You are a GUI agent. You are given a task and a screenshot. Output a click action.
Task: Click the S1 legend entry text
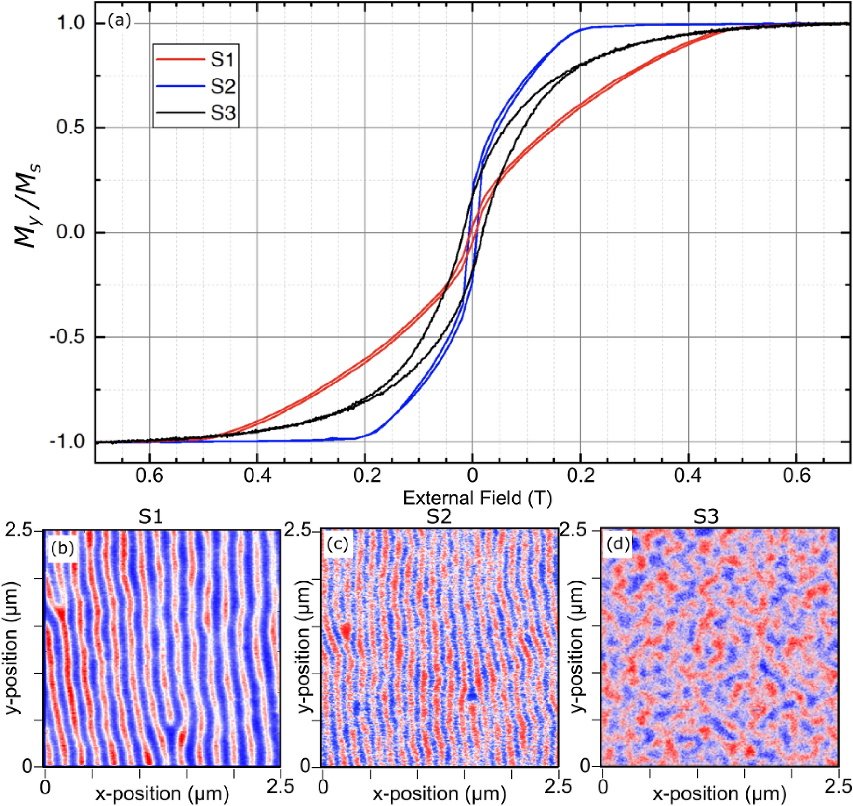coord(222,60)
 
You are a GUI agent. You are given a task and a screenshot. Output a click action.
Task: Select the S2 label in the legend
coord(222,87)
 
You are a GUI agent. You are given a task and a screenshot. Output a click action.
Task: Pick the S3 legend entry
coord(222,113)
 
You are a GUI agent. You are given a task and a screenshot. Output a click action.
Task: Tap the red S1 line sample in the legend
coord(180,59)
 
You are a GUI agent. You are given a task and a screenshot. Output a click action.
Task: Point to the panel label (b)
coord(63,548)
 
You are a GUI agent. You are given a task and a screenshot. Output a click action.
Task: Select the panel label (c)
coord(337,544)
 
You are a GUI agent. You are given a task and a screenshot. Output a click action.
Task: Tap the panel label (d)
coord(618,544)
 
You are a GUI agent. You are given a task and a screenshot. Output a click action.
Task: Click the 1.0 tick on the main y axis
coord(71,23)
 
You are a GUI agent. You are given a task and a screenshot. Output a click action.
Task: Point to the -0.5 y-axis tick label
coord(67,337)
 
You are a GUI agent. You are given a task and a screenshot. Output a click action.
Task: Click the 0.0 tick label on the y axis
coord(71,233)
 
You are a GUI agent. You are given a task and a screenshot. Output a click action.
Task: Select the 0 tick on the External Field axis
coord(472,476)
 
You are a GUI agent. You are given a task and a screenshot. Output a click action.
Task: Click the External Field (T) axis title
coord(477,498)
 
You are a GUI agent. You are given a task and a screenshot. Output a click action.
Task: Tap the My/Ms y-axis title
coord(28,205)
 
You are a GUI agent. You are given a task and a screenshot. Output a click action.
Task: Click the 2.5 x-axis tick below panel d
coord(837,786)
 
